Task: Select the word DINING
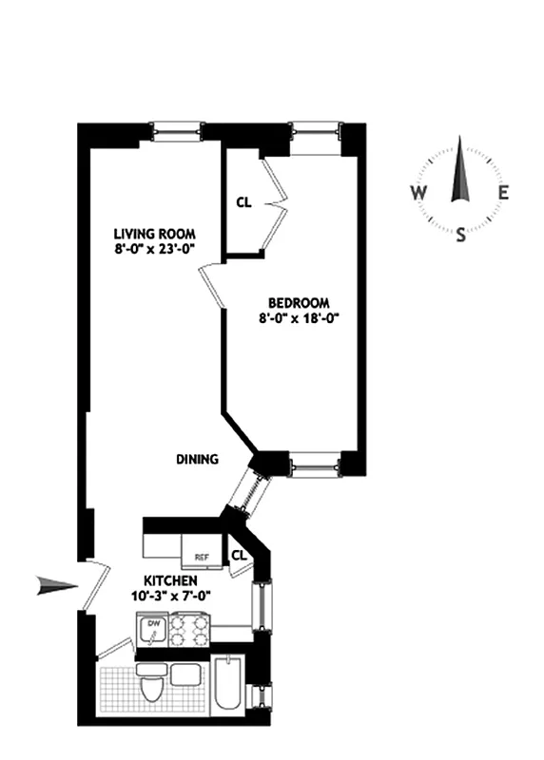(197, 459)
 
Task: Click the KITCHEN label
(170, 580)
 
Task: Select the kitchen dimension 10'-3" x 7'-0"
(170, 597)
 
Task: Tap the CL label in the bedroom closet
(243, 201)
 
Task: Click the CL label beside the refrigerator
(238, 555)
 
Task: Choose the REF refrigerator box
(201, 557)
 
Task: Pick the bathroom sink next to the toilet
(185, 675)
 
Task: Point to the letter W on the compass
(418, 193)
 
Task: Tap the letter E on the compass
(504, 193)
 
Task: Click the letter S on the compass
(461, 237)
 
